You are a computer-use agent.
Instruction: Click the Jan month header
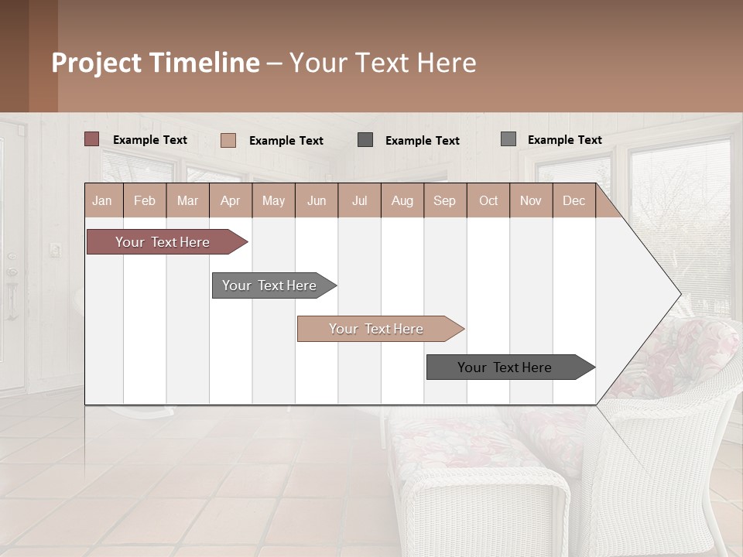click(x=102, y=200)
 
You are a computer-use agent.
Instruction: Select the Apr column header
click(x=230, y=200)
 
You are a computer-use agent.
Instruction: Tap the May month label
click(x=273, y=200)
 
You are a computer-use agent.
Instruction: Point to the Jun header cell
click(x=317, y=200)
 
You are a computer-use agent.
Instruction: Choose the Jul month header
click(x=359, y=200)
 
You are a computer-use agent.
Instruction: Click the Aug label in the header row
click(x=402, y=200)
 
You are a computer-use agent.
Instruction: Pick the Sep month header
click(x=444, y=200)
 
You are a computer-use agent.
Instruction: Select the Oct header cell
click(x=488, y=200)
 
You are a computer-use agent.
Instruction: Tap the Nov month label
click(x=531, y=200)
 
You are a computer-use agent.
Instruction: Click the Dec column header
click(x=574, y=200)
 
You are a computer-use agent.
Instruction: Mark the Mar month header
click(x=187, y=200)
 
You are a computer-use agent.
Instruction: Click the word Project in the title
click(x=97, y=63)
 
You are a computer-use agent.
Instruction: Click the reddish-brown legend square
click(x=92, y=139)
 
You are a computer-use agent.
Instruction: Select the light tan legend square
click(x=228, y=140)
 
